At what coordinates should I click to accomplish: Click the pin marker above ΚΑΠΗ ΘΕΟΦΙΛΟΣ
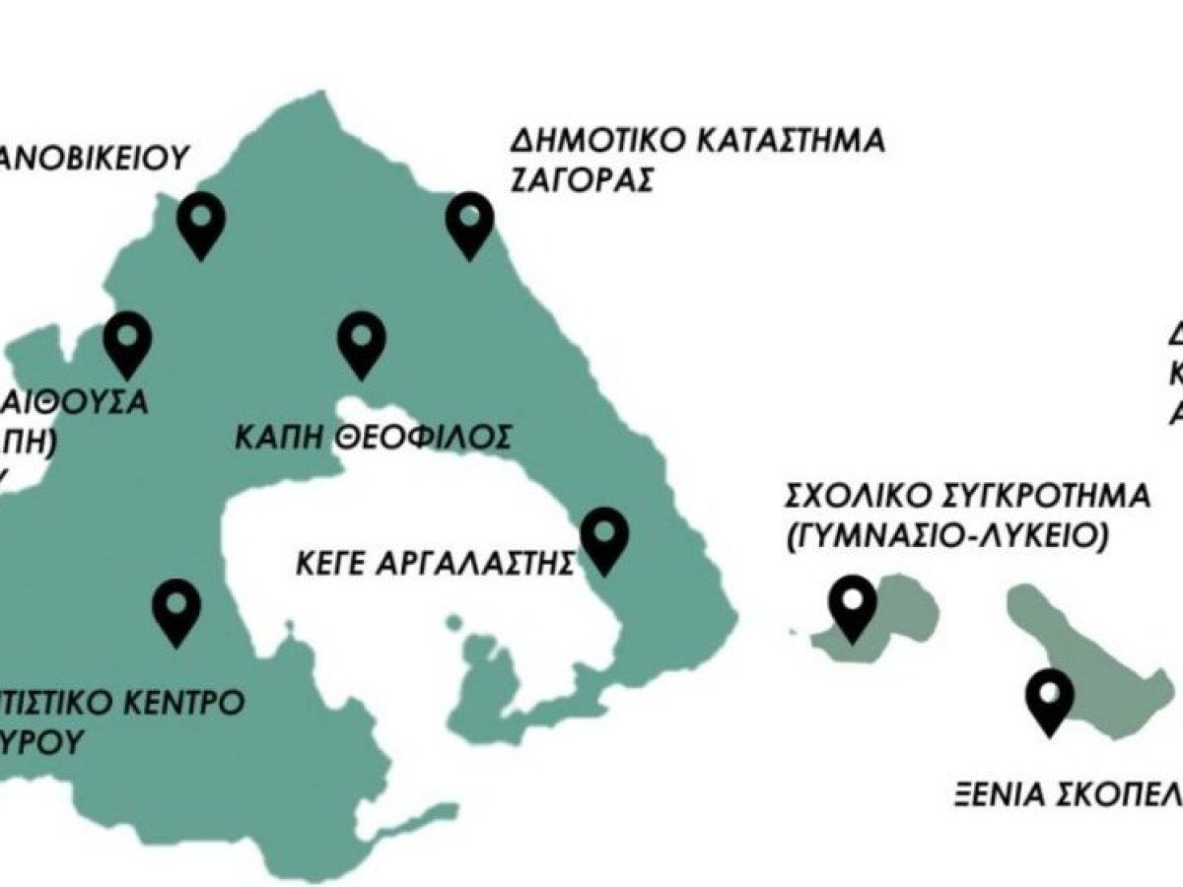[x=361, y=340]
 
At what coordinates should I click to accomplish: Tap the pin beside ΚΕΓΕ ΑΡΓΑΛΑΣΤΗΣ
[x=604, y=538]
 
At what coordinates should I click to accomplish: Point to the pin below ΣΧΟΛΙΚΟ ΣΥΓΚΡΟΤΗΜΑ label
[x=852, y=605]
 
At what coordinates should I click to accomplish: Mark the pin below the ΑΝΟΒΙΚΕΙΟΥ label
[x=201, y=223]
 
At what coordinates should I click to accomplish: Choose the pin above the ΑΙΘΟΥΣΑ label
[x=128, y=340]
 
